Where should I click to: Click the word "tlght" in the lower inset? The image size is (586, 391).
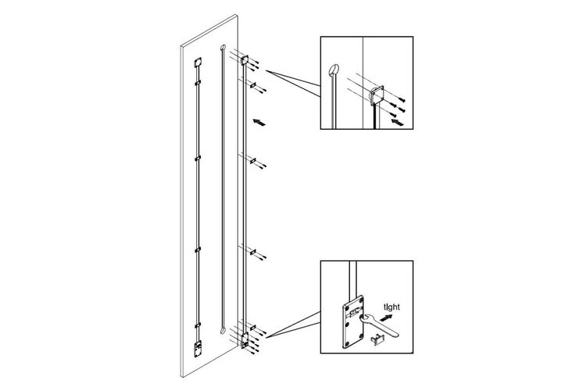click(x=391, y=307)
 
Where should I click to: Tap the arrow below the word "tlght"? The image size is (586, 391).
click(x=388, y=317)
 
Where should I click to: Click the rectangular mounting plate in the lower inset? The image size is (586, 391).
click(x=353, y=322)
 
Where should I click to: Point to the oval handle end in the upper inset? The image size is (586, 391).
click(x=334, y=70)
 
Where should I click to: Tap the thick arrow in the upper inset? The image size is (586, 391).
click(x=398, y=122)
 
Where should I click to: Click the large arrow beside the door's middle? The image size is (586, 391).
click(x=259, y=122)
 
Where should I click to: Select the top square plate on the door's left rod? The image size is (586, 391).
click(x=198, y=63)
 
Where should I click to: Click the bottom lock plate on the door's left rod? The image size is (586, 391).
click(x=198, y=349)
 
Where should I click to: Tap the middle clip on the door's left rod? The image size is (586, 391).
click(x=198, y=158)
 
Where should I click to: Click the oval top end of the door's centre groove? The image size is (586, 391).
click(x=223, y=48)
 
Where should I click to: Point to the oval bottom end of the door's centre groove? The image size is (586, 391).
click(x=222, y=331)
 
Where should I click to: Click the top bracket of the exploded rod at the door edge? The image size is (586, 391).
click(x=245, y=59)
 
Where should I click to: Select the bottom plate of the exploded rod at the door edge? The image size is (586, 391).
click(x=245, y=340)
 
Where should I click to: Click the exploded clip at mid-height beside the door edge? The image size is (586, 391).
click(x=253, y=160)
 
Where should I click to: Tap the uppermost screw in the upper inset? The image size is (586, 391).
click(x=402, y=99)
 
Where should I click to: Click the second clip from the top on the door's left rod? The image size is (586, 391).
click(x=198, y=82)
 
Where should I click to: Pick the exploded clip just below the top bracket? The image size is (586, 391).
click(x=253, y=85)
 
